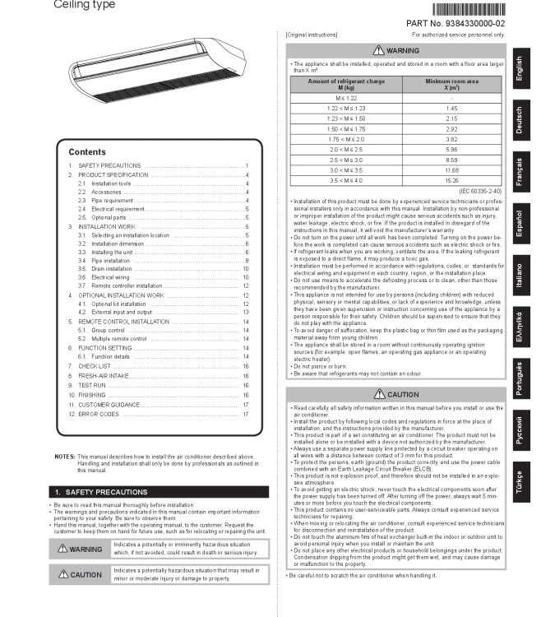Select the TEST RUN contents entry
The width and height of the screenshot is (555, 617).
pos(91,385)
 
